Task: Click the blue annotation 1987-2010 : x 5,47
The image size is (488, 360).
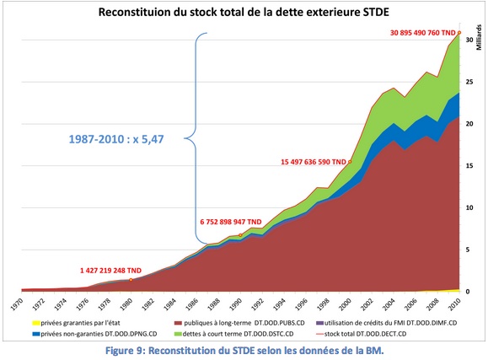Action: coord(115,138)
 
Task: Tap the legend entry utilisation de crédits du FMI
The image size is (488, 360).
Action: coord(387,322)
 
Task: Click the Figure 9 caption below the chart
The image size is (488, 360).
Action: coord(243,350)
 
